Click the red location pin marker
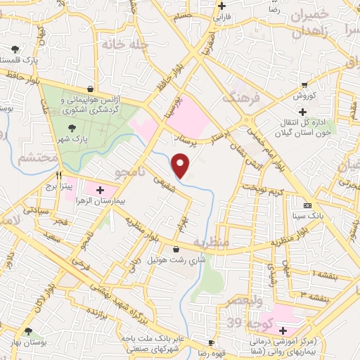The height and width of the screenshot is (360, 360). click(x=181, y=165)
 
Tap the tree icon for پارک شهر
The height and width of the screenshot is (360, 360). click(x=72, y=128)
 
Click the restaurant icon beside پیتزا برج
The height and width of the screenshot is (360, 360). click(x=60, y=176)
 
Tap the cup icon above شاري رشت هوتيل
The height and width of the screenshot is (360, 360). click(x=176, y=249)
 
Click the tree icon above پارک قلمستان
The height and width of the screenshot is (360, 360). click(x=15, y=49)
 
